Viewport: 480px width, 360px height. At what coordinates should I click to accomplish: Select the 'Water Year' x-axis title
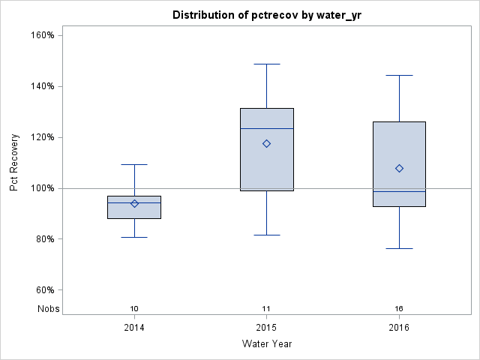(266, 343)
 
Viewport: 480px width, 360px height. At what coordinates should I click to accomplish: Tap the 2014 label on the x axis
(134, 327)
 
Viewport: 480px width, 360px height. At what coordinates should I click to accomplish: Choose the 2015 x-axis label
(266, 327)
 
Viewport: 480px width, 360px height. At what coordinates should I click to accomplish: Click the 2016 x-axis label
(399, 327)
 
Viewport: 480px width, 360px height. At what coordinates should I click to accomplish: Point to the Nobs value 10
(134, 308)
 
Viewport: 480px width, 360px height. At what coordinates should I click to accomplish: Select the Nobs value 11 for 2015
(266, 308)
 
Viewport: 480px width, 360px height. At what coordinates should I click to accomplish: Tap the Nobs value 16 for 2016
(399, 308)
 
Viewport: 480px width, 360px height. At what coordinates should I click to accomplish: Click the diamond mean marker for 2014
(134, 203)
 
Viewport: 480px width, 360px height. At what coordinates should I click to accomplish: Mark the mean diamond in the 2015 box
(266, 143)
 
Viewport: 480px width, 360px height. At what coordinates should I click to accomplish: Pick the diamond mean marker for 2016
(399, 168)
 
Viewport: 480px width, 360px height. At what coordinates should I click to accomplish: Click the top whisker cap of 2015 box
(266, 64)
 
